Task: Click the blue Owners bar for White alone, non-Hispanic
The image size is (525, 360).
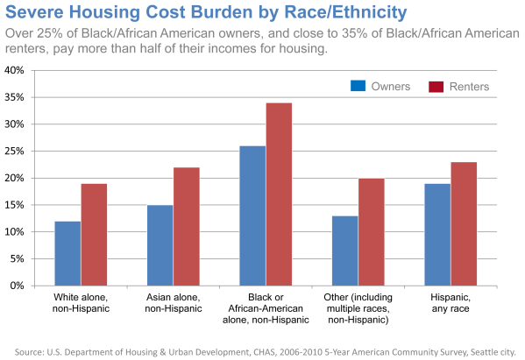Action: [67, 253]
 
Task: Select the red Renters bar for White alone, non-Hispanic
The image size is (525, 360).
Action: [94, 235]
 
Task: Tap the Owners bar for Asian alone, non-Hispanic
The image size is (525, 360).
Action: [160, 245]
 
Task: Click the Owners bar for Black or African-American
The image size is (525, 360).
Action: [252, 215]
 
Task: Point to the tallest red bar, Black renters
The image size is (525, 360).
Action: [280, 194]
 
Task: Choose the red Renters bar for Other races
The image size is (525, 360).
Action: [372, 232]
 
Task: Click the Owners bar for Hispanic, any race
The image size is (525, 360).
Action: [438, 235]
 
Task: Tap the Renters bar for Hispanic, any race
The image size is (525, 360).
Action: [465, 223]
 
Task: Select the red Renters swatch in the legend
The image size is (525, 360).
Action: [436, 86]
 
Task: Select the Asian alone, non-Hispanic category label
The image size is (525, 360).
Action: [173, 304]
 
